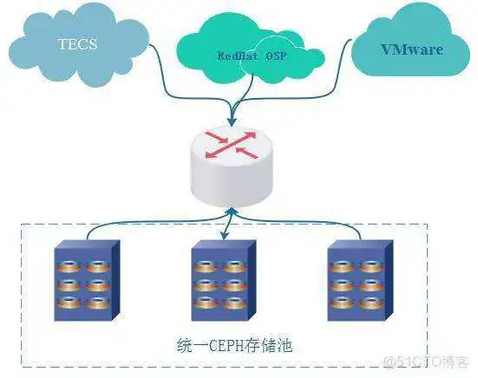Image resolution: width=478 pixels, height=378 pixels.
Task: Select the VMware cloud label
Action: [x=412, y=49]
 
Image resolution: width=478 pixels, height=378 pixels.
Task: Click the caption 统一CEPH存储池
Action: [x=228, y=344]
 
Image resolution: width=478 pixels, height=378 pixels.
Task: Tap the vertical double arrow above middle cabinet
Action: [x=227, y=224]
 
